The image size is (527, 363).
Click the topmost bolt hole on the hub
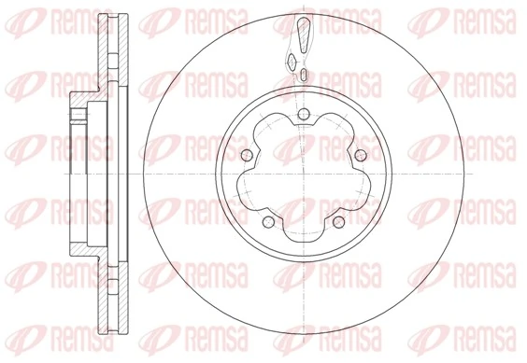coord(303,115)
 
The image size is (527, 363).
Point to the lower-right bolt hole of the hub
coord(338,222)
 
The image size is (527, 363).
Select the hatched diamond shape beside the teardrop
coord(292,62)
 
